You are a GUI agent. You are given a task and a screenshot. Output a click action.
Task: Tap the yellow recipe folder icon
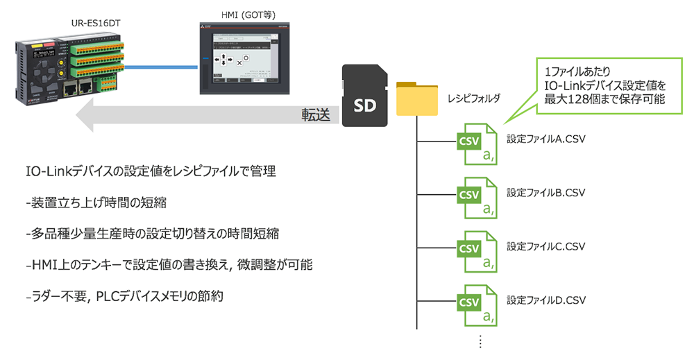pos(416,98)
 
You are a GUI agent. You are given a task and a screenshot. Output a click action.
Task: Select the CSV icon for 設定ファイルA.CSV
pos(475,145)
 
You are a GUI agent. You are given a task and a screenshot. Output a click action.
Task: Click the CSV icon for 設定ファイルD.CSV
pos(475,306)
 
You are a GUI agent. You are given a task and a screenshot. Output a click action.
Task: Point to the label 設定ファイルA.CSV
pos(546,139)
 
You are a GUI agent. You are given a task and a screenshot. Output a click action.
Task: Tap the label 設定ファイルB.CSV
pos(546,192)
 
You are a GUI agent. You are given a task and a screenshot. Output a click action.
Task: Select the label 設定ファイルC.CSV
pos(546,246)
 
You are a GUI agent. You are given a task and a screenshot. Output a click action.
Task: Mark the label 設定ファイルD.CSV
pos(546,300)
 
